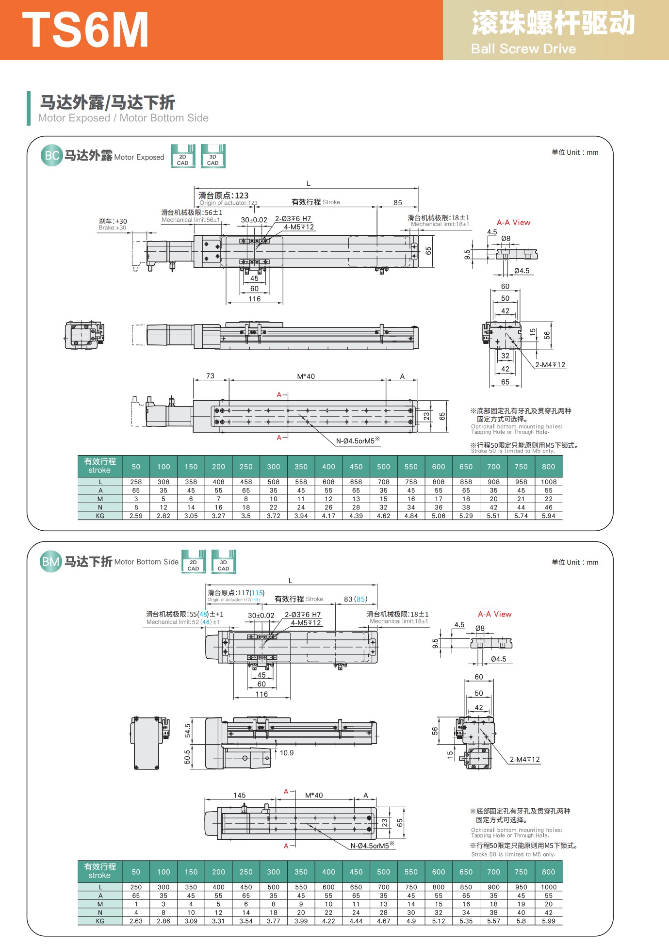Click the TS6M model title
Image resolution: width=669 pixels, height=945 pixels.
coord(85,30)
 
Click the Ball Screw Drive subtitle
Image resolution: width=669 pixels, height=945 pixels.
coord(523,49)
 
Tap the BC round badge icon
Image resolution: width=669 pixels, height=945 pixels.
coord(52,156)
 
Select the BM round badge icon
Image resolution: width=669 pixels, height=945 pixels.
coord(51,562)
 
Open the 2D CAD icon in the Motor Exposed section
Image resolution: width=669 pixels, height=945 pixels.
coord(183,156)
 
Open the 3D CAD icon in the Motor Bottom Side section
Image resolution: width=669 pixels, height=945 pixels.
coord(223,562)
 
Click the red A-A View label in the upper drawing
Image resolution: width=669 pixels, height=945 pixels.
coord(513,223)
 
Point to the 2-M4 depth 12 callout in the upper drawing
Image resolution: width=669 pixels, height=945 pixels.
coord(550,365)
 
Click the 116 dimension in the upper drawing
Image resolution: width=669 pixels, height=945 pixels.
coord(255,299)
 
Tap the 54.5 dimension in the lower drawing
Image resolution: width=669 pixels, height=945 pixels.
coord(188,731)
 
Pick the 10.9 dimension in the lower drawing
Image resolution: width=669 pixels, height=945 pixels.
coord(287,753)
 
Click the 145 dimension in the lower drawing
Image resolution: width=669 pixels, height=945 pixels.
coord(240,795)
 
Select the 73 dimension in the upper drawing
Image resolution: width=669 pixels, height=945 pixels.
coord(210,376)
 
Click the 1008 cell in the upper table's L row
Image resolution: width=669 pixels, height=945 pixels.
coord(549,482)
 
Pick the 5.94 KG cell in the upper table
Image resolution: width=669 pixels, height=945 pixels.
coord(549,516)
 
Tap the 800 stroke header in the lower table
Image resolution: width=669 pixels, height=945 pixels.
coord(549,872)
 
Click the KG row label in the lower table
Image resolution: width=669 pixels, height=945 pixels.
coord(100,921)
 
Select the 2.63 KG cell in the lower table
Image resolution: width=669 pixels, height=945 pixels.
coord(136,921)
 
